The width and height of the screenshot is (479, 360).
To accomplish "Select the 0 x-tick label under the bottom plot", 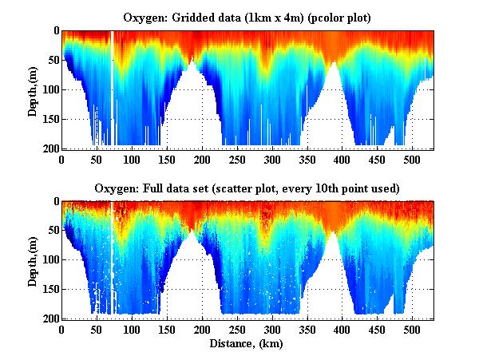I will (62, 329).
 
